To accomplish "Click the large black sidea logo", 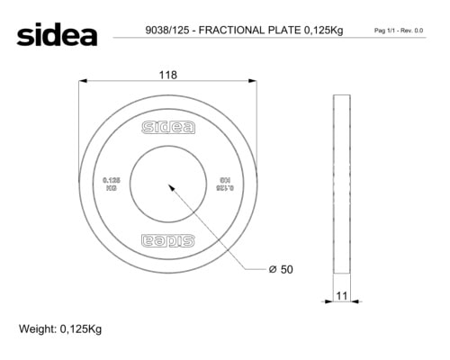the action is coord(57,34).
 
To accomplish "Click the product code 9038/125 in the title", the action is coord(167,31).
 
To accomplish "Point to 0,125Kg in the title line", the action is coord(324,31).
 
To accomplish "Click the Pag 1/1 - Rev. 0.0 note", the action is coord(399,31).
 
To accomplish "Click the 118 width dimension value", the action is coord(168,75).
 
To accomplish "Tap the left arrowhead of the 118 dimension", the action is coord(83,81).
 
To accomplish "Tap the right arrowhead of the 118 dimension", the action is coord(253,81).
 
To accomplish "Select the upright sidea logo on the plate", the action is coord(168,128).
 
